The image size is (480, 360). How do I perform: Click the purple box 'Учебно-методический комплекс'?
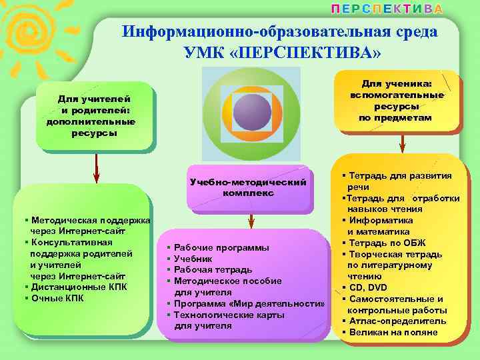pyautogui.click(x=248, y=187)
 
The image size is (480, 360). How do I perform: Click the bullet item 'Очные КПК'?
pyautogui.click(x=57, y=298)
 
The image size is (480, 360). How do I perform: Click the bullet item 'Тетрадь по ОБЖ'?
pyautogui.click(x=387, y=243)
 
